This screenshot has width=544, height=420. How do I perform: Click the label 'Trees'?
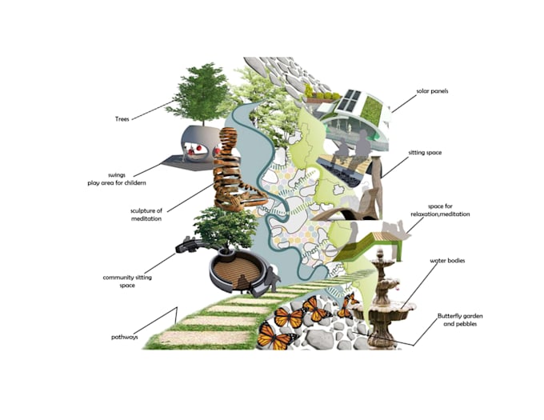pos(122,119)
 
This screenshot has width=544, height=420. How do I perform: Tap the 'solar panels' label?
pos(432,91)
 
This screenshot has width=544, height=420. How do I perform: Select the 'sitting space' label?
pos(425,153)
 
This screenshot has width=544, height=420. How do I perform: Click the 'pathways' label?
pos(125,337)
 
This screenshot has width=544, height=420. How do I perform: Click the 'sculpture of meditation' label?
pos(146,214)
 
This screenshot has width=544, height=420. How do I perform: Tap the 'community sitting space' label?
pos(127,282)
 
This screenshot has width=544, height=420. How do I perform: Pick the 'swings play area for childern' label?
pos(117,179)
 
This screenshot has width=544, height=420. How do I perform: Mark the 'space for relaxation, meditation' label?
pos(440,210)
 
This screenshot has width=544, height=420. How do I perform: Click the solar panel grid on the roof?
pos(348,99)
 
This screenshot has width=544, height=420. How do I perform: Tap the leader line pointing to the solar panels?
pos(404,103)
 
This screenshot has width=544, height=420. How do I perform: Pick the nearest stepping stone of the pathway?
pos(205,338)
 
